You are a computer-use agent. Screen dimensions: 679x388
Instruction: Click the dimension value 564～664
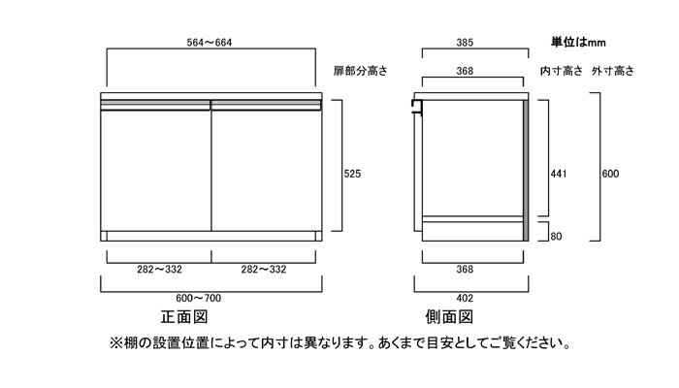pyautogui.click(x=210, y=43)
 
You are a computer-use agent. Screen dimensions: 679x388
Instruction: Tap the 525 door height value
pyautogui.click(x=352, y=174)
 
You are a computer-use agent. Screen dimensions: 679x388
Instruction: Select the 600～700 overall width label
pyautogui.click(x=198, y=299)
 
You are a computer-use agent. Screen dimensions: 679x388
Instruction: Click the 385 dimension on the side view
pyautogui.click(x=465, y=43)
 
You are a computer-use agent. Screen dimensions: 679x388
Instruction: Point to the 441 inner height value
pyautogui.click(x=558, y=174)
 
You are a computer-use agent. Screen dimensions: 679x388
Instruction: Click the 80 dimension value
pyautogui.click(x=556, y=237)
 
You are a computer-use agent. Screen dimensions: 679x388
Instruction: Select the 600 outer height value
pyautogui.click(x=610, y=174)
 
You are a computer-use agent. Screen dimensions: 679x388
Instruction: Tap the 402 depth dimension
pyautogui.click(x=465, y=299)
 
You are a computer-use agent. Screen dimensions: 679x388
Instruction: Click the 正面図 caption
pyautogui.click(x=184, y=317)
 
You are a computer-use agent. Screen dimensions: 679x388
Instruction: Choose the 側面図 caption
pyautogui.click(x=449, y=317)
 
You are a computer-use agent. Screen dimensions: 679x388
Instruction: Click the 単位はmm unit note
pyautogui.click(x=578, y=42)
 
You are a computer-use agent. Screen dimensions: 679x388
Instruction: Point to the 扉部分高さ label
pyautogui.click(x=360, y=71)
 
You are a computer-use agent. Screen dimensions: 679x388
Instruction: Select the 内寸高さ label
pyautogui.click(x=562, y=71)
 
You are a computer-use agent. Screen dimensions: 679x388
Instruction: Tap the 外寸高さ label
pyautogui.click(x=613, y=71)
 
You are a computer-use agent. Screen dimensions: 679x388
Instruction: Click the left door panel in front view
pyautogui.click(x=156, y=171)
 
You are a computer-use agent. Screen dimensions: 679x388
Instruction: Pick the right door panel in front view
pyautogui.click(x=267, y=171)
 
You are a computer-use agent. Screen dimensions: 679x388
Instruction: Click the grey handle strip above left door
pyautogui.click(x=155, y=105)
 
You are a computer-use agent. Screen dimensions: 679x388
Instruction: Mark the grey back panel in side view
pyautogui.click(x=526, y=171)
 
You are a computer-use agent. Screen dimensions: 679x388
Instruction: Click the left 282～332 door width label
pyautogui.click(x=159, y=270)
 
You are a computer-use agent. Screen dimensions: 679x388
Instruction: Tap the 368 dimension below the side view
pyautogui.click(x=465, y=270)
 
